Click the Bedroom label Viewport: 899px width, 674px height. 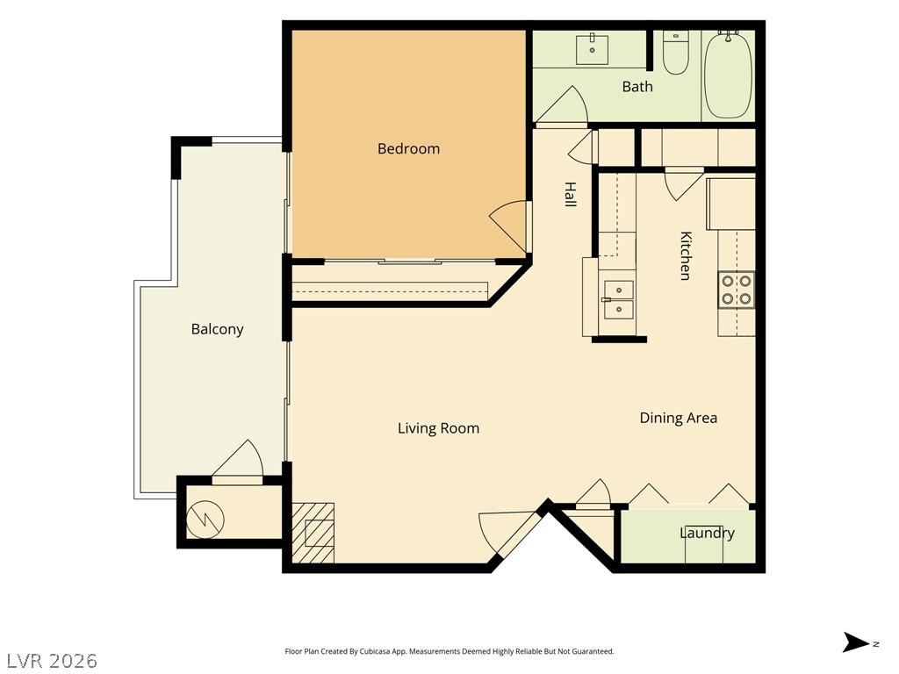coord(408,149)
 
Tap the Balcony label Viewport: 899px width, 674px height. coord(218,329)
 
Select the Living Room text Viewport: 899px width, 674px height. coord(439,428)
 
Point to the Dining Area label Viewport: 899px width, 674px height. coord(679,418)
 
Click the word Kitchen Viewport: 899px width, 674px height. coord(686,255)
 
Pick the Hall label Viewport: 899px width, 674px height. coord(570,194)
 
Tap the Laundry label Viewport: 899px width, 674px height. coord(707,533)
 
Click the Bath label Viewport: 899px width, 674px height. coord(637,87)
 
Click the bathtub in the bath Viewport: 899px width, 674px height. coord(728,75)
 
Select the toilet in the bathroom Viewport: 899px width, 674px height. coord(676,53)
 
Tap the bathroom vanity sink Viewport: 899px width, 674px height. coord(593,49)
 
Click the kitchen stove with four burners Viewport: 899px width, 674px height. coord(737,290)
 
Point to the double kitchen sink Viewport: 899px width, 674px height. coord(619,300)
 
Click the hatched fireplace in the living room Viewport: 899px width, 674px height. coord(313,533)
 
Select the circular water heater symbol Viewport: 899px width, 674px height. coord(205,520)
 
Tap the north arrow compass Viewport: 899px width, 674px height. coord(856,642)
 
